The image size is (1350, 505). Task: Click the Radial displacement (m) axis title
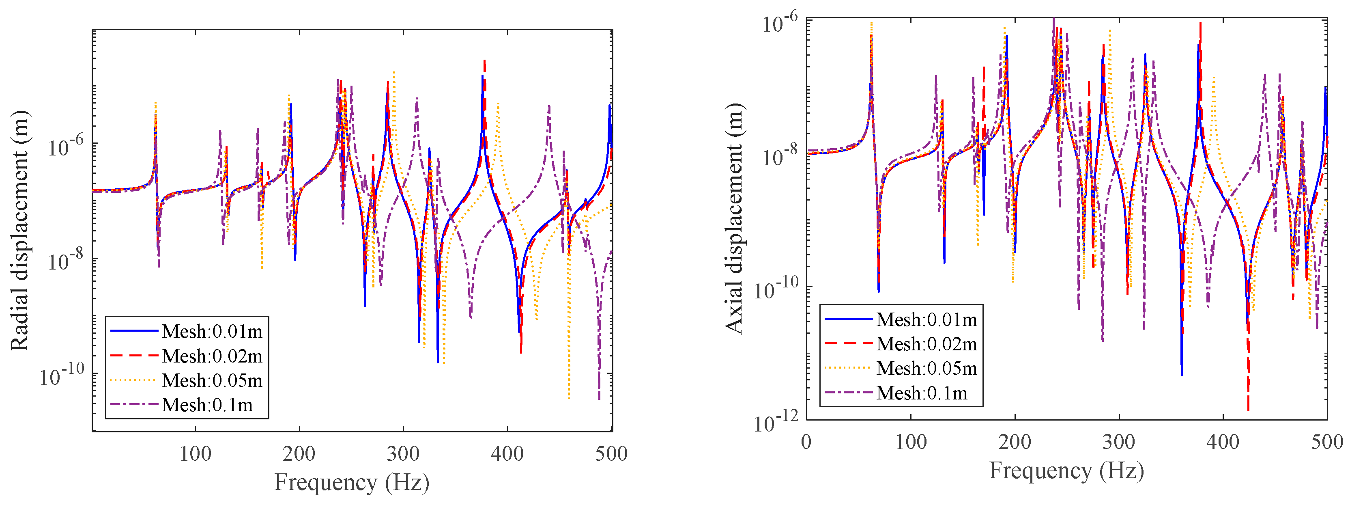point(20,231)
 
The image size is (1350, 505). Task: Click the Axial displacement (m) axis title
point(735,219)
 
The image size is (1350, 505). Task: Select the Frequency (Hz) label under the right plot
point(1066,470)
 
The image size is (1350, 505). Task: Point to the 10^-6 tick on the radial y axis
point(65,146)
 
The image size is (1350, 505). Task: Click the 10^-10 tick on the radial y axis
point(62,376)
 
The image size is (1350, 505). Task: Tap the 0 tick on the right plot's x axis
point(806,442)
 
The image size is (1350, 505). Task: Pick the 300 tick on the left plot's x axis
point(403,453)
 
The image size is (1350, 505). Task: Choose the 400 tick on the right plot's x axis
point(1223,442)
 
